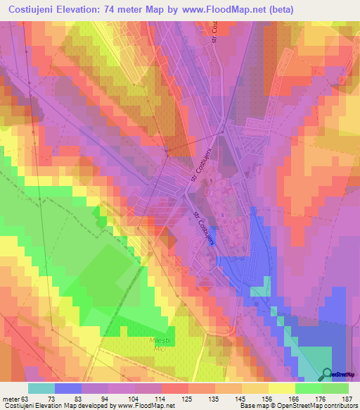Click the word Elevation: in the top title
(84, 9)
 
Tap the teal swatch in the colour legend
(41, 388)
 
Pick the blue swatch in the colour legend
(68, 388)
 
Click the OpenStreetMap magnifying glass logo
(328, 374)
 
